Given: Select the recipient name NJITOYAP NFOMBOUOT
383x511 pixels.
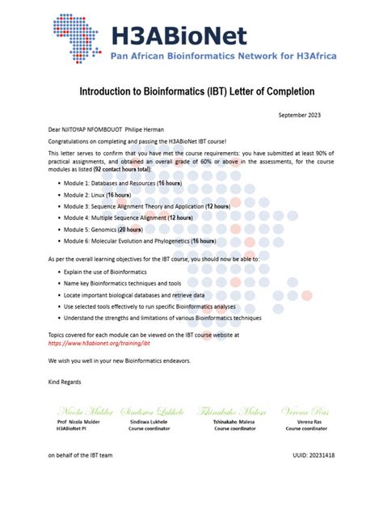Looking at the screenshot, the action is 102,128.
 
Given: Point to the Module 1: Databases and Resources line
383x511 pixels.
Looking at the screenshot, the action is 138,184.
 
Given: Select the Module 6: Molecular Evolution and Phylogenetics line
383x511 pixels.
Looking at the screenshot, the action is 149,241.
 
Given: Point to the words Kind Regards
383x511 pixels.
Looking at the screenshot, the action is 65,381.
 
